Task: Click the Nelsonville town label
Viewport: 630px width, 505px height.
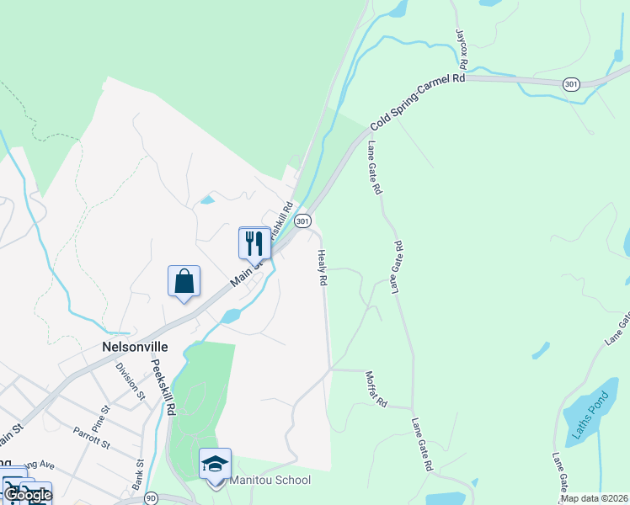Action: [134, 347]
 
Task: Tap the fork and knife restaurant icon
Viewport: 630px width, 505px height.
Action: [254, 243]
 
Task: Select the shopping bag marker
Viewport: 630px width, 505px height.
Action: [184, 281]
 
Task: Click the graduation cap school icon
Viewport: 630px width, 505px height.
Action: [215, 464]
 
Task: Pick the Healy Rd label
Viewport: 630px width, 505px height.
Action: [322, 268]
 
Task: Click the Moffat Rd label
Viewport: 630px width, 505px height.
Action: [376, 389]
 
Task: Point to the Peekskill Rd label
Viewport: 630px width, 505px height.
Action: [165, 388]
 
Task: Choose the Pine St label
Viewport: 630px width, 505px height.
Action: [100, 417]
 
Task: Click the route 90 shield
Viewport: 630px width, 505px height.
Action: [151, 498]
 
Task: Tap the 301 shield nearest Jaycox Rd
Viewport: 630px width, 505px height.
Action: [572, 84]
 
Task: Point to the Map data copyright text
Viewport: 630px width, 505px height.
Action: [595, 498]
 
